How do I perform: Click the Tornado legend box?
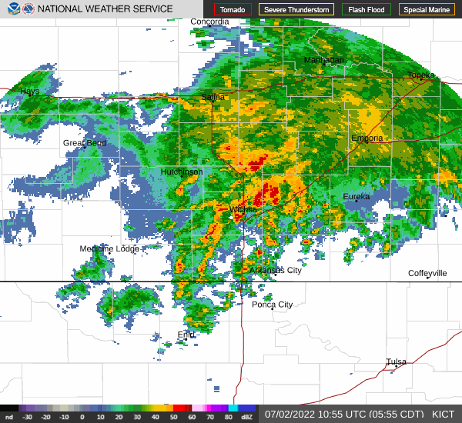(233, 10)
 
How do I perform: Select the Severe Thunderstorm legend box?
(296, 10)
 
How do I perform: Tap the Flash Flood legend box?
(367, 10)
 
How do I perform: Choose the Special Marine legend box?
(427, 10)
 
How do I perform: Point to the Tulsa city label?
(396, 361)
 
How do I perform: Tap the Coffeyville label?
(427, 273)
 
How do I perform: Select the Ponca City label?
(272, 305)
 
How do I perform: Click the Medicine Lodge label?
(109, 248)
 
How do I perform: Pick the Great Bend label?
(84, 143)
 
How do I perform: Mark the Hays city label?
(29, 91)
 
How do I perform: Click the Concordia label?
(209, 22)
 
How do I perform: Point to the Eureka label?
(356, 197)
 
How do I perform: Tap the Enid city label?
(186, 335)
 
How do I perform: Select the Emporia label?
(367, 138)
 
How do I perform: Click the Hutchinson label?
(182, 172)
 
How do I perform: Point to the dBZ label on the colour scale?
(247, 417)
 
